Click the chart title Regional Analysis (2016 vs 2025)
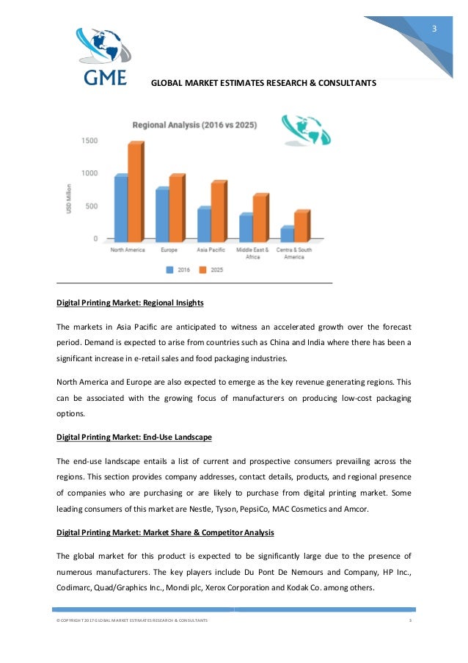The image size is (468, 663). pos(194,126)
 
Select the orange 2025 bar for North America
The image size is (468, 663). pos(136,192)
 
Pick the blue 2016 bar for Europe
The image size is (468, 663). pos(162,215)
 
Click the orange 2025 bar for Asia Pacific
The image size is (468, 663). pos(218,212)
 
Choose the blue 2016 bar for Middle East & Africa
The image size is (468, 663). pos(246,228)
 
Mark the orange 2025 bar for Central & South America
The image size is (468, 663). pos(301,226)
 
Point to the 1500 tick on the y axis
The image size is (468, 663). pos(89,140)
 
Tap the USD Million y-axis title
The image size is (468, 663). pos(68,199)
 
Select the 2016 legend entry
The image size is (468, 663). pos(180,270)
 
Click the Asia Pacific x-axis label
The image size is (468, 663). pos(211,250)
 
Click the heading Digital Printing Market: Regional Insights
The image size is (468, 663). pos(130,302)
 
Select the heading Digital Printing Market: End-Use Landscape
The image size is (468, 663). pos(134,437)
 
